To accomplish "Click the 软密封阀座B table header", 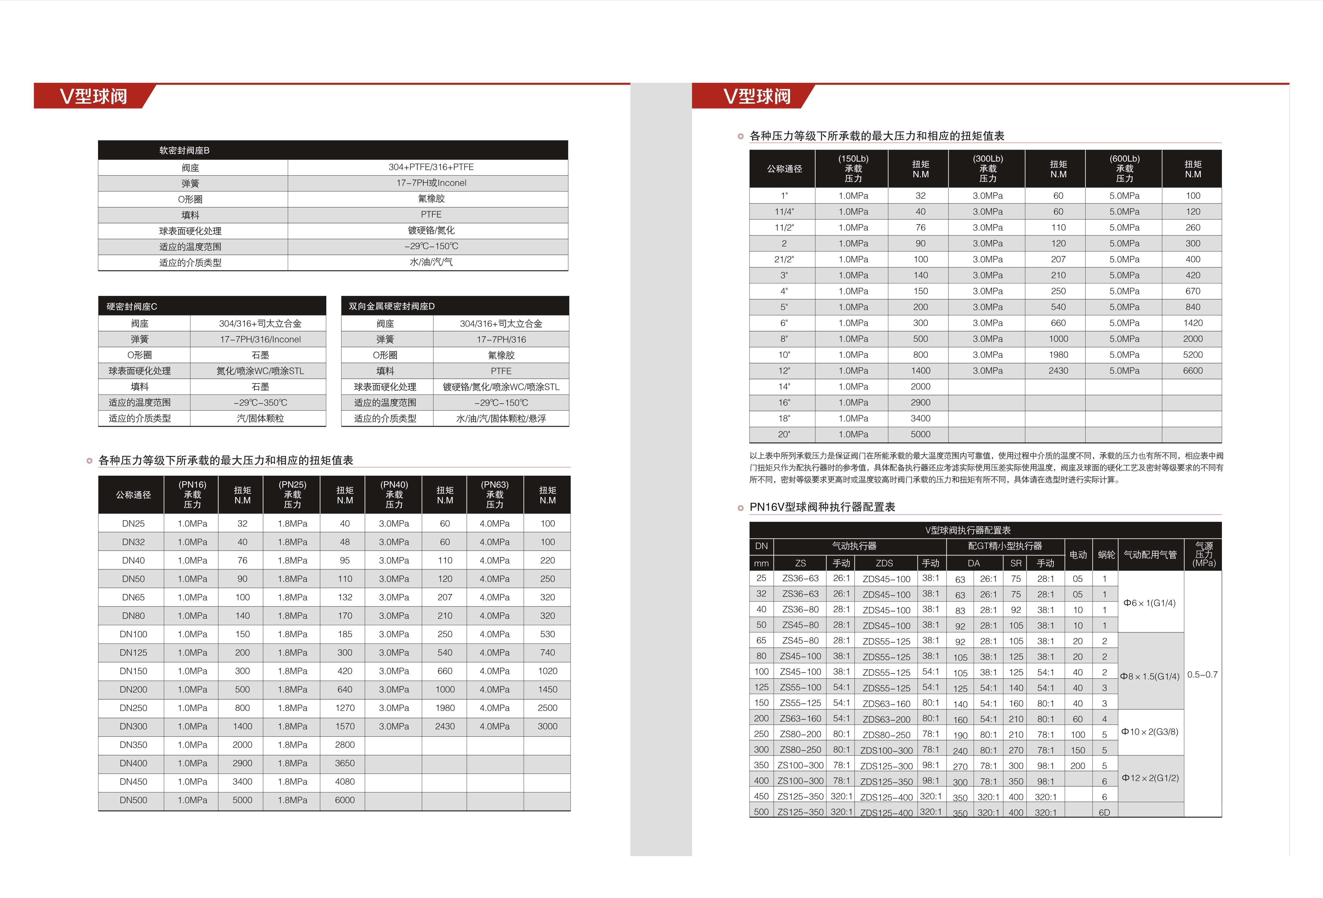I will tap(184, 150).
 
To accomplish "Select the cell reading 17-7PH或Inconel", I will tap(431, 183).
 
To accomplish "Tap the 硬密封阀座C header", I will tap(132, 306).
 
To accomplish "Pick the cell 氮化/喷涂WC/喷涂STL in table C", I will tap(260, 371).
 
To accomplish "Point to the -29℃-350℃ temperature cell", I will tap(260, 403).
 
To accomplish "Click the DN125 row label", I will tap(133, 653).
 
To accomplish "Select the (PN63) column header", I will tap(495, 494).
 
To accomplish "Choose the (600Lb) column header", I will tap(1124, 169).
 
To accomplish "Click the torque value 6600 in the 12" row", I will tap(1193, 371).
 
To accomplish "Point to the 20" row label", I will tap(784, 435).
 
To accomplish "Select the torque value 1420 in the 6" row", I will tap(1193, 323).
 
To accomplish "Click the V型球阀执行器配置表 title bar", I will tap(968, 530).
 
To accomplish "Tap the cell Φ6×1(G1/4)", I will tap(1149, 603).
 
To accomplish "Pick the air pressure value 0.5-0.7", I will tap(1202, 675).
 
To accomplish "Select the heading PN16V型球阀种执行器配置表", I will tap(822, 507).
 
